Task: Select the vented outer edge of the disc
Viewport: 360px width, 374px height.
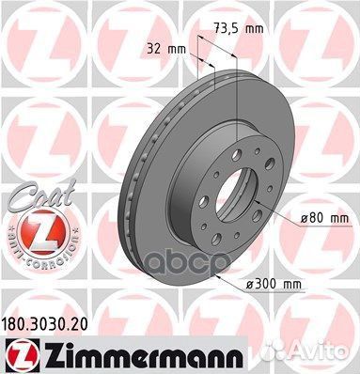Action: pyautogui.click(x=132, y=188)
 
